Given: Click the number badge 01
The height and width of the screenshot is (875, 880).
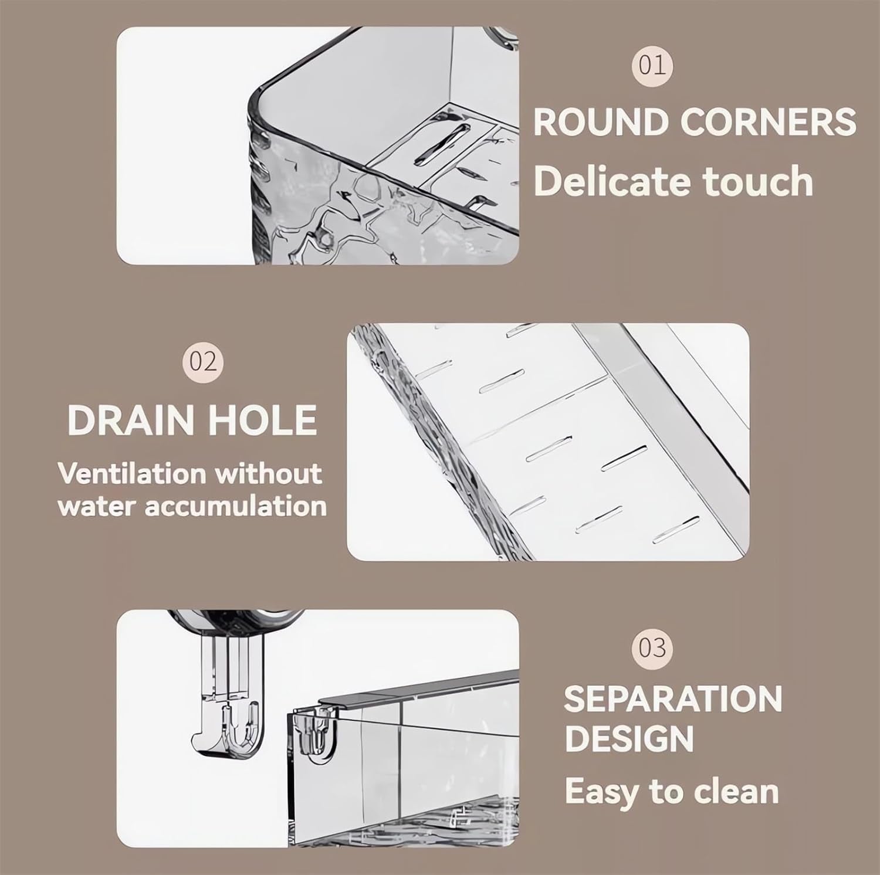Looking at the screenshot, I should [x=652, y=65].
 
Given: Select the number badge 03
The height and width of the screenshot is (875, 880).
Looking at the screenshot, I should [x=652, y=649].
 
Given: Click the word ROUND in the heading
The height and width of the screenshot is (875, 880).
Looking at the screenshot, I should [x=601, y=122].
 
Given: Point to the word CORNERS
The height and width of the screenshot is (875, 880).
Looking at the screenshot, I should [x=769, y=122].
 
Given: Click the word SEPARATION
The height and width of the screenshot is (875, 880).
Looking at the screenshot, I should [x=673, y=699].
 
